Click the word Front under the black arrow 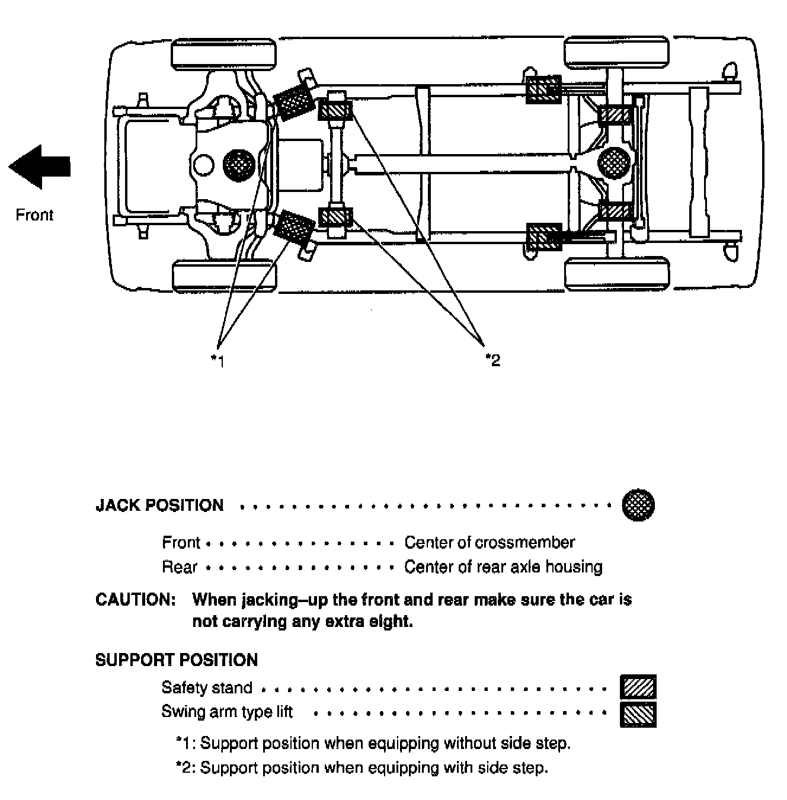click(34, 215)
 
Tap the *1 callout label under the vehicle click(218, 360)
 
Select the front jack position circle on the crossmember click(239, 164)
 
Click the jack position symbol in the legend click(638, 505)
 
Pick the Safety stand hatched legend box click(638, 687)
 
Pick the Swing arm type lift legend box click(638, 713)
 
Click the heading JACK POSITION click(159, 505)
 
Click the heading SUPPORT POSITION click(176, 660)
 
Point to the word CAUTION click(135, 600)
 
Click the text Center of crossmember click(490, 542)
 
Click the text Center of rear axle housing click(503, 567)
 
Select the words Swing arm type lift click(227, 711)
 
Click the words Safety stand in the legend click(206, 687)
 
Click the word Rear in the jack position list click(179, 567)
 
